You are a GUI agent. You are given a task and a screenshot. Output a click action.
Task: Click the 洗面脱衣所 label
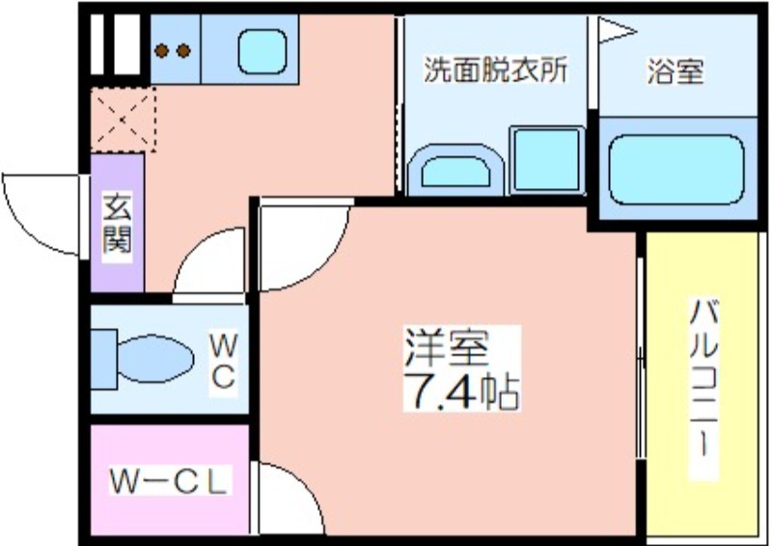point(495,69)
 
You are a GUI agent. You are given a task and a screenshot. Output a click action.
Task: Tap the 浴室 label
point(675,71)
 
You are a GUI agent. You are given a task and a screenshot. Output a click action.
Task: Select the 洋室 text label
point(447,347)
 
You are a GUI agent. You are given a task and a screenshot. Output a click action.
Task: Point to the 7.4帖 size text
point(461,393)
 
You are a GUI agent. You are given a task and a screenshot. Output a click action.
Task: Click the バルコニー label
point(703,389)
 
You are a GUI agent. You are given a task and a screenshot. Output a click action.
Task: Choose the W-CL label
point(169,481)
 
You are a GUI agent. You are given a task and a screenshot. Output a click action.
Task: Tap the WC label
point(224,361)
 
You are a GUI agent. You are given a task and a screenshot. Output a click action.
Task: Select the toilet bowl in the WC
point(155,359)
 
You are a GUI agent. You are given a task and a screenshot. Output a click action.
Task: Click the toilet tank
point(103,360)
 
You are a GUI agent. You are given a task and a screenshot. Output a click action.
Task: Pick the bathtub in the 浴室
point(676,169)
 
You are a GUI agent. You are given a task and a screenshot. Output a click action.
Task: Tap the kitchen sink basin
point(262,51)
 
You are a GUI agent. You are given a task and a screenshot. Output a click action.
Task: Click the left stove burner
point(162,51)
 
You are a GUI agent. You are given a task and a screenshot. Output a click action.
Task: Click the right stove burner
point(183,51)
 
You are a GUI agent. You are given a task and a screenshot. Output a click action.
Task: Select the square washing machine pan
point(547,159)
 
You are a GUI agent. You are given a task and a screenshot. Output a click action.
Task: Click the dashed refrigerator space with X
point(124,120)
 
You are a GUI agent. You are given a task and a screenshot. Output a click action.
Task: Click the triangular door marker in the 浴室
point(616,31)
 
